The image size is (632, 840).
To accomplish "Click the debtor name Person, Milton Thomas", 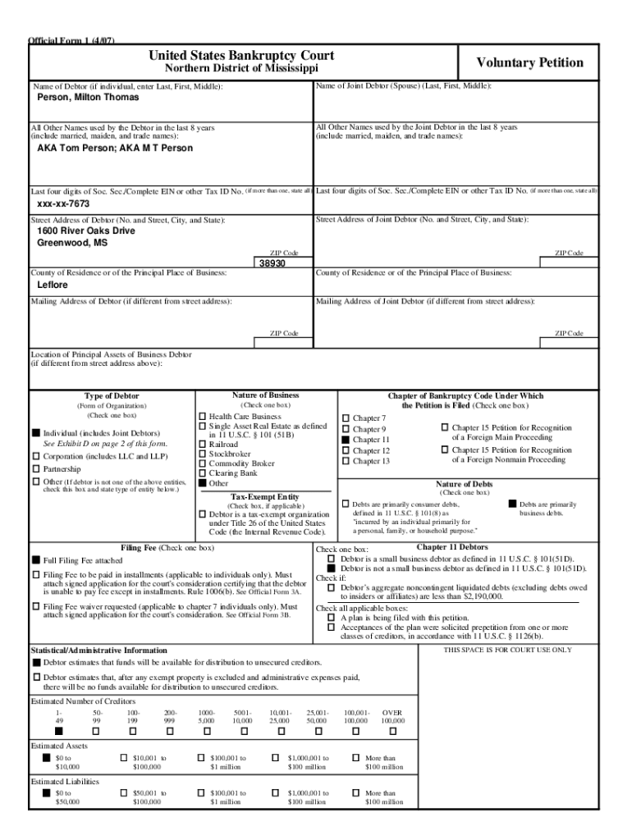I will tap(89, 98).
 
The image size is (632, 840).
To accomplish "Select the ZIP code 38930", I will tap(272, 263).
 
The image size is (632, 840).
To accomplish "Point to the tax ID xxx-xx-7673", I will tap(64, 203).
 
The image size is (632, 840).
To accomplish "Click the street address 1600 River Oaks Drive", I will tap(86, 231).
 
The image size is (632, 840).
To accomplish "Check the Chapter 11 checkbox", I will tap(346, 441).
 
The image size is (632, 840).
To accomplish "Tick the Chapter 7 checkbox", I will tap(346, 418).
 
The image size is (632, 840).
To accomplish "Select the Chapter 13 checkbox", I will tap(346, 462).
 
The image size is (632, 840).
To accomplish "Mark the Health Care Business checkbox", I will tap(203, 417).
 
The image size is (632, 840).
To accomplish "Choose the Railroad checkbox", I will tap(203, 443).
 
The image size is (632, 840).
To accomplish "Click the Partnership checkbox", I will tap(36, 469).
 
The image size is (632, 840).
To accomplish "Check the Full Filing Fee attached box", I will tap(36, 559).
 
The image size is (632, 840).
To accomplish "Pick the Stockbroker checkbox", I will tap(203, 453).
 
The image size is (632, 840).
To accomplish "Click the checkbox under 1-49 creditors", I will tap(58, 731).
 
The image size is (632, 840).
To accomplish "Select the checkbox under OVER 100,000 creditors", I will tap(392, 731).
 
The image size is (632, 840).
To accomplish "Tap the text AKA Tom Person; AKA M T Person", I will tap(115, 148).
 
